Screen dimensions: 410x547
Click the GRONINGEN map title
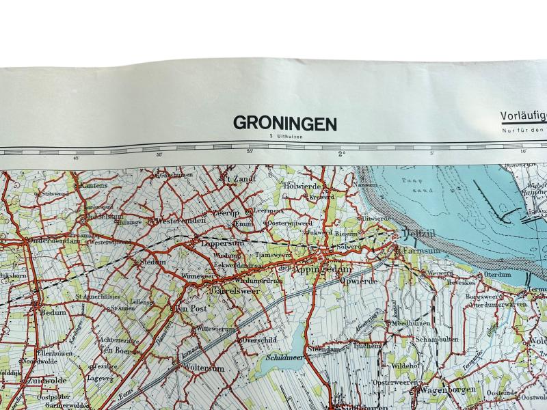coord(285,123)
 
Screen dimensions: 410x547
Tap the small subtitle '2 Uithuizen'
coord(285,137)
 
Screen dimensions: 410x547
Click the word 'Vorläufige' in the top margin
coord(524,117)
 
